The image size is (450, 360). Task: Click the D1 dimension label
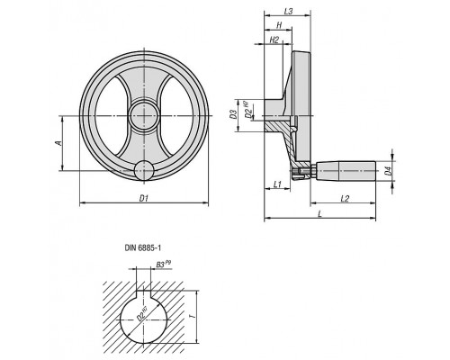(x=144, y=198)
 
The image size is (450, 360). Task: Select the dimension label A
(x=59, y=143)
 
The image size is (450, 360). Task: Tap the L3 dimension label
(x=288, y=12)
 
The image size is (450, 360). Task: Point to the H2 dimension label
(x=274, y=40)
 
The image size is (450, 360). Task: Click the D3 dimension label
(x=233, y=114)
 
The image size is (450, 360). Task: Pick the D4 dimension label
(x=388, y=171)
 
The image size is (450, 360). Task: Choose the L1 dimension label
(x=277, y=184)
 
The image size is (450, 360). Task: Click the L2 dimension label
(x=345, y=198)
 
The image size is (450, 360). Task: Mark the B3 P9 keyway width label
(x=164, y=264)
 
